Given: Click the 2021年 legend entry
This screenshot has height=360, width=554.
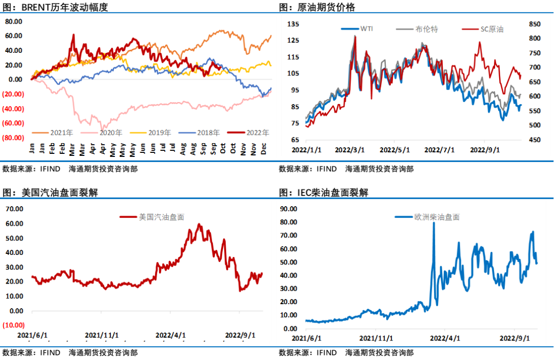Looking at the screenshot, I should pos(57,132).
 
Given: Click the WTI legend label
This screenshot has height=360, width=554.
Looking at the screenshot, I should pos(366,29).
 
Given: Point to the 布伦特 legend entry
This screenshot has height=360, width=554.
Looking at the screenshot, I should pos(426,29).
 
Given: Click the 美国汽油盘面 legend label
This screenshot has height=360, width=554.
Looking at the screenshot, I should pos(161,217).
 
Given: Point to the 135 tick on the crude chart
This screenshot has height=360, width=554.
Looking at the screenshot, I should pos(293,24).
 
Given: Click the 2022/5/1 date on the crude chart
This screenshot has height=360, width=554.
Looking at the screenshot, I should pos(394,151).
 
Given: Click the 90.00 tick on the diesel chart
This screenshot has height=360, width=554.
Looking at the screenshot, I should pos(289,209).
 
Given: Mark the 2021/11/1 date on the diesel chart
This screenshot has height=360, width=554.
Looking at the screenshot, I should pos(377,338).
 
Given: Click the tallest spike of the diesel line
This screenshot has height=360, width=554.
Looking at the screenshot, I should pos(434,223).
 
